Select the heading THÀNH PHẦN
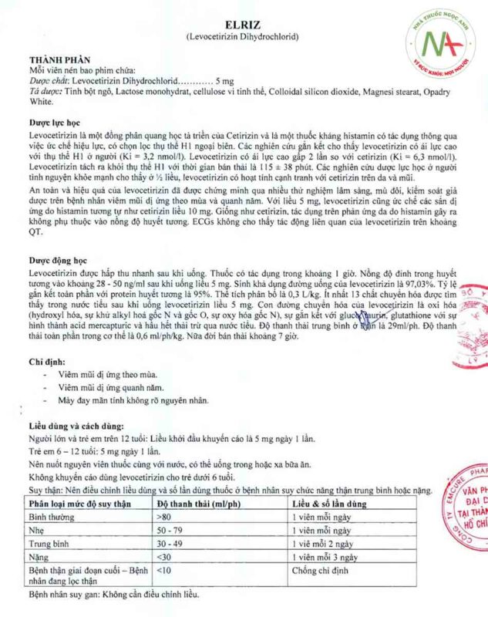pos(60,59)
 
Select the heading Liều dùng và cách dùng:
pos(76,426)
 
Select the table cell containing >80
pos(163,518)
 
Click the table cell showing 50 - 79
pos(170,531)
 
